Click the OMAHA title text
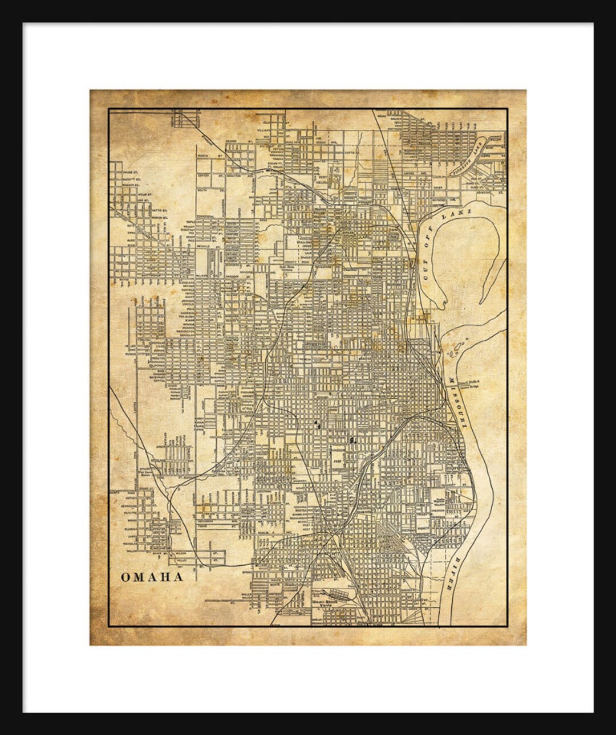[x=152, y=577]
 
